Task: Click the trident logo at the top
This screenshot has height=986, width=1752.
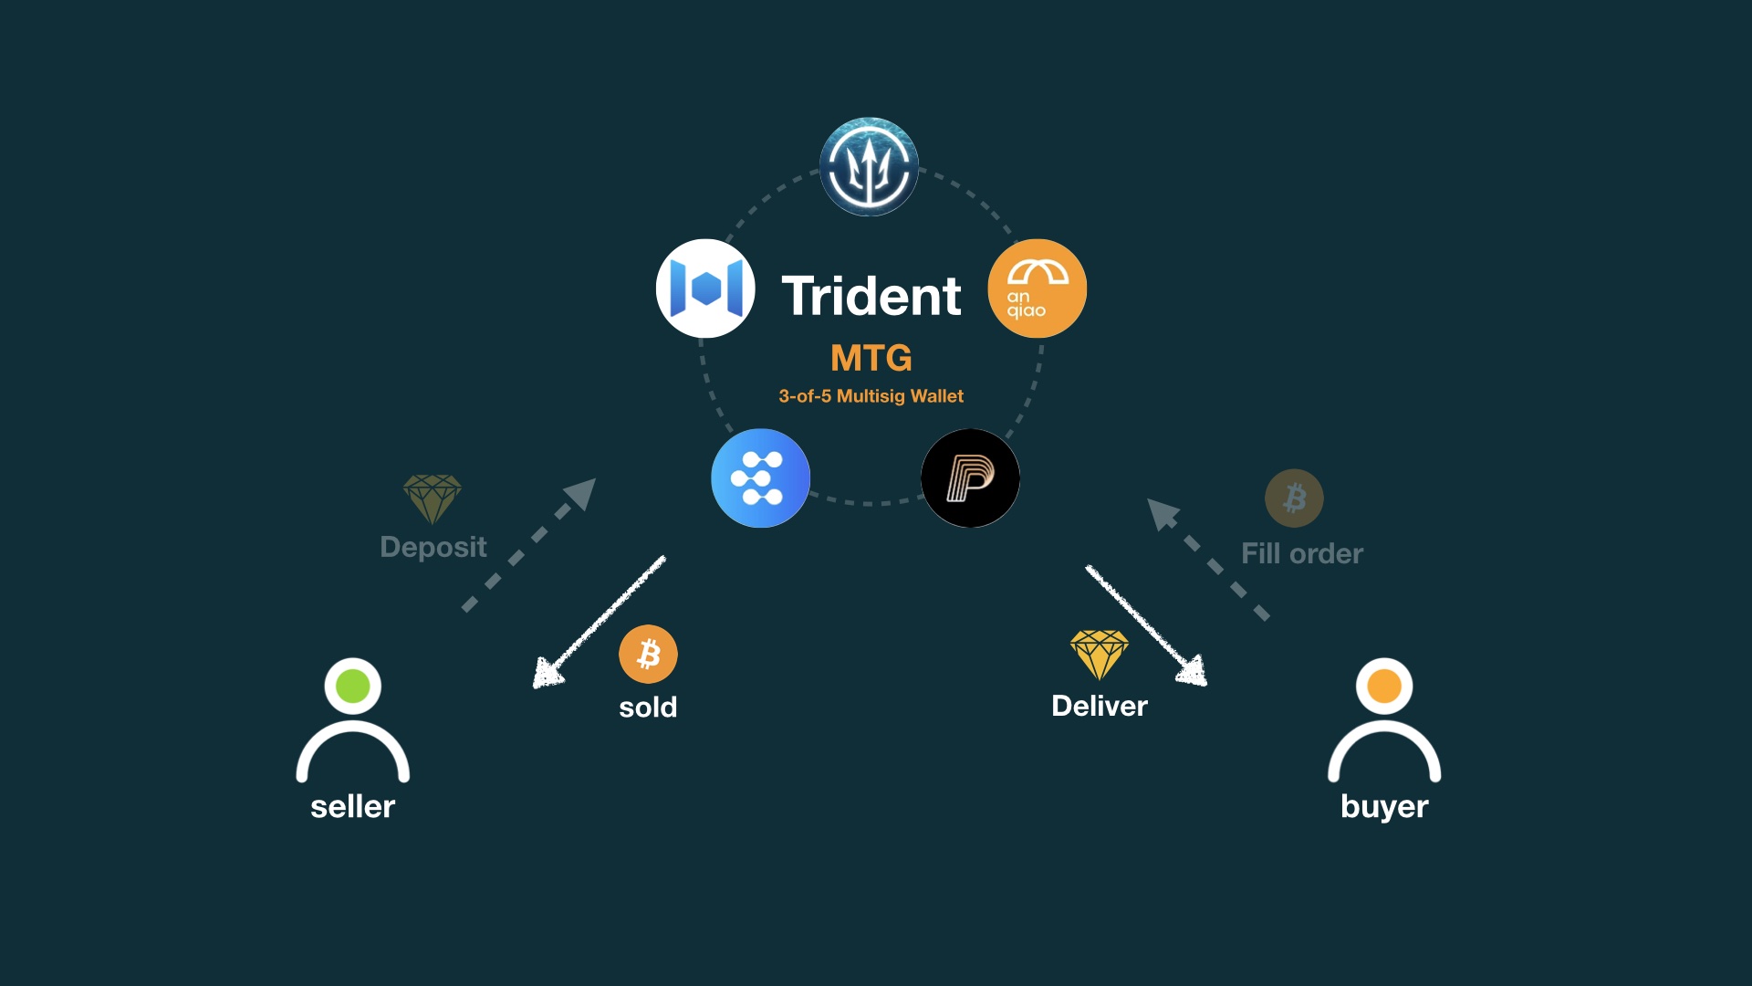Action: pyautogui.click(x=869, y=167)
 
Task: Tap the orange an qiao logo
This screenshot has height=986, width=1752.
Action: pyautogui.click(x=1037, y=288)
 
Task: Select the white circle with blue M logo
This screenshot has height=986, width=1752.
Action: pyautogui.click(x=705, y=288)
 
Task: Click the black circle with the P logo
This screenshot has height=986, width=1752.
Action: pyautogui.click(x=970, y=478)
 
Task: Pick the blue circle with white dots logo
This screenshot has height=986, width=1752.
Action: pyautogui.click(x=760, y=478)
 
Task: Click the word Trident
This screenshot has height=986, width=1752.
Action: pyautogui.click(x=871, y=296)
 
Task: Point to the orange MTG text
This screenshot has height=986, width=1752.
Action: pyautogui.click(x=871, y=358)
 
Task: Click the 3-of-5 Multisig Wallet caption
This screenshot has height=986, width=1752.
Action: pyautogui.click(x=871, y=396)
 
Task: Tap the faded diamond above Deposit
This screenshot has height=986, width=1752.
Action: pyautogui.click(x=433, y=498)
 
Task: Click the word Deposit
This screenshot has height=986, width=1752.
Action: pyautogui.click(x=433, y=547)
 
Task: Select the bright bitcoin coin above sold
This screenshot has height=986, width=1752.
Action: pyautogui.click(x=648, y=654)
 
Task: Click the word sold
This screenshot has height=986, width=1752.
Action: pyautogui.click(x=648, y=708)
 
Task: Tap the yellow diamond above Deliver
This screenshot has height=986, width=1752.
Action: pyautogui.click(x=1100, y=654)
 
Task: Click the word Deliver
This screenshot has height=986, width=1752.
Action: pyautogui.click(x=1100, y=706)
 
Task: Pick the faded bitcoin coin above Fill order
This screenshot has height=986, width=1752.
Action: pyautogui.click(x=1294, y=498)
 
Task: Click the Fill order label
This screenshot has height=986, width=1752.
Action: pyautogui.click(x=1302, y=553)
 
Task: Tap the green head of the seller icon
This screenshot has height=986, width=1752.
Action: pyautogui.click(x=353, y=686)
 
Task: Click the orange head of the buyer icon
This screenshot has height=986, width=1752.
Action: pyautogui.click(x=1384, y=686)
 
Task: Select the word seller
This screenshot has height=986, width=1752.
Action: pyautogui.click(x=353, y=807)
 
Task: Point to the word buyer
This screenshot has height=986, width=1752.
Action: pyautogui.click(x=1384, y=807)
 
